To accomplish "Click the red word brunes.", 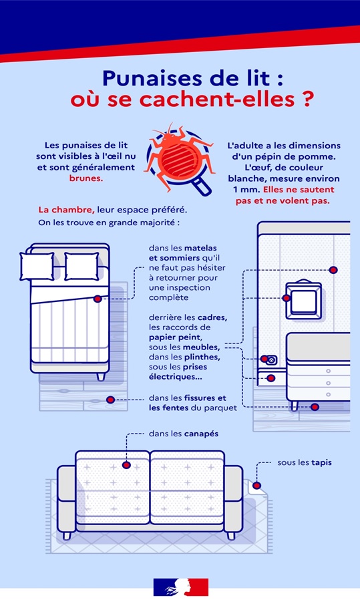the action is click(86, 179).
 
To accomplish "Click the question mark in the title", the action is click(306, 100).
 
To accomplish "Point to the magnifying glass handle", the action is click(202, 186).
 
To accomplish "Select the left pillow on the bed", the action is click(37, 266).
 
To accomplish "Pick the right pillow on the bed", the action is click(81, 266).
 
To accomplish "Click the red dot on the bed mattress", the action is click(98, 299).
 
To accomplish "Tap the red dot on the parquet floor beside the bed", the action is click(110, 400).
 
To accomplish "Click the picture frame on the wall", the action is click(304, 300).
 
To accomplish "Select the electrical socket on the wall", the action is click(270, 360).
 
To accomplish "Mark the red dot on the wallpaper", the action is click(333, 270).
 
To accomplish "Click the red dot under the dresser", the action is click(315, 407).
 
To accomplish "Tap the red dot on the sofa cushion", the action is click(126, 465).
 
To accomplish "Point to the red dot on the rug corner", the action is click(256, 486).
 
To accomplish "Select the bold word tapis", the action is click(321, 463).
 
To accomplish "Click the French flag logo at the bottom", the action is click(180, 587).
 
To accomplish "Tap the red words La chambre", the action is click(66, 210).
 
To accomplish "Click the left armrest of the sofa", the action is click(67, 498).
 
